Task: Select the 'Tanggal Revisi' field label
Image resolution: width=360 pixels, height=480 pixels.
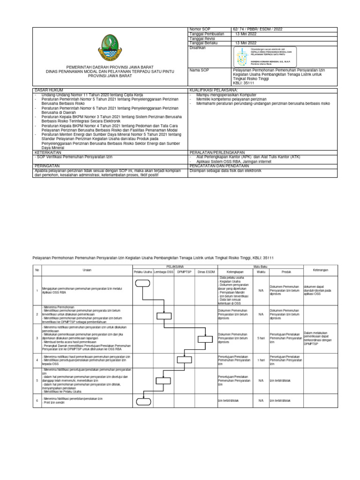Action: [202, 38]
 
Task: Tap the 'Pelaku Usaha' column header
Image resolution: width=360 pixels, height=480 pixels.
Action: [142, 271]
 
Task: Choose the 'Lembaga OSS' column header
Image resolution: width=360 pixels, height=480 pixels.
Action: [164, 271]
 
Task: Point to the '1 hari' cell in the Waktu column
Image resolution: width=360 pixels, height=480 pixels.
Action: [261, 360]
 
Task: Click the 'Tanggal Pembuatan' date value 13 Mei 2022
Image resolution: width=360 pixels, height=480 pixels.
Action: [246, 34]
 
